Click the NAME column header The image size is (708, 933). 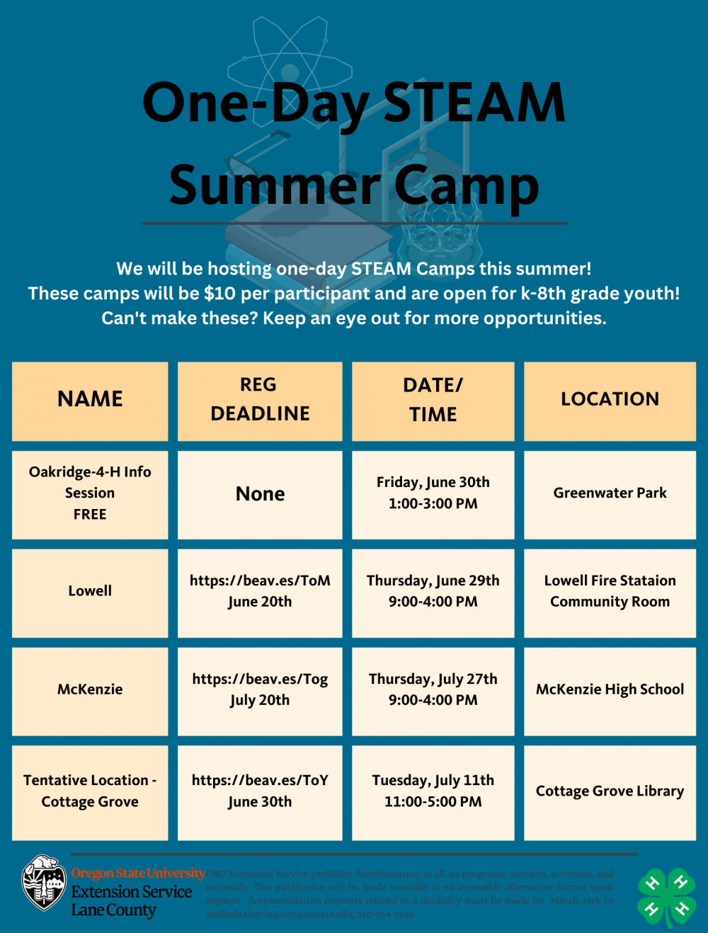click(90, 399)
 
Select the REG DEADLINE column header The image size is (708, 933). click(260, 400)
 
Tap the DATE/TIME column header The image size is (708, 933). click(433, 400)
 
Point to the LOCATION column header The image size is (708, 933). click(610, 399)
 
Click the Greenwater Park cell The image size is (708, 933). click(610, 493)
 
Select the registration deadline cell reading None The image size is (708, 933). click(260, 494)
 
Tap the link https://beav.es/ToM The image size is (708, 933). click(260, 581)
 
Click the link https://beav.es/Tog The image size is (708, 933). click(260, 680)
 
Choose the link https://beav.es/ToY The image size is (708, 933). click(260, 781)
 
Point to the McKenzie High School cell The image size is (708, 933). click(610, 689)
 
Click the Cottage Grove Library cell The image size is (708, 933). click(610, 791)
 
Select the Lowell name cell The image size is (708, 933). click(90, 591)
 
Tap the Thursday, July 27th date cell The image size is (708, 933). click(433, 689)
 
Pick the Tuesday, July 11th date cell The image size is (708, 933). click(433, 791)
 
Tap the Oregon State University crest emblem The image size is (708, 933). click(44, 882)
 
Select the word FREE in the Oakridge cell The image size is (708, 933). click(90, 515)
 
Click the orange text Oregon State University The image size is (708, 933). click(138, 874)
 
